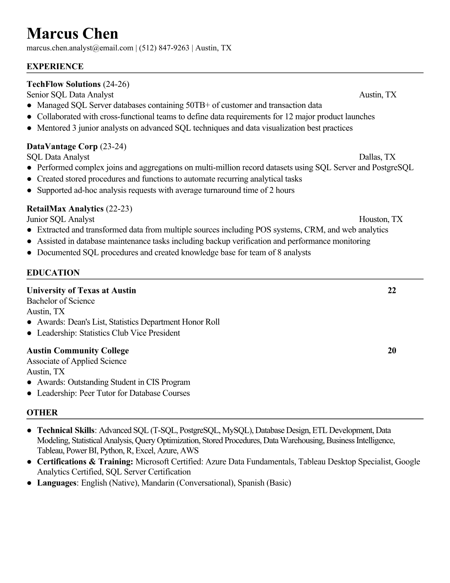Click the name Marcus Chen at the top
tap(72, 33)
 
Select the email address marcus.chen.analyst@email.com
tap(80, 48)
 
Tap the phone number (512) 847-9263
tap(164, 48)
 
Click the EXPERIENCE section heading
tap(55, 67)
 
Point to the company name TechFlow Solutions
tap(64, 84)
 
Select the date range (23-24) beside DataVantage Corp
tap(113, 146)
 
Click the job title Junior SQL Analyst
tap(61, 219)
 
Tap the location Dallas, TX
tap(377, 157)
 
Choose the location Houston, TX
tap(381, 219)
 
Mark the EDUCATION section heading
tap(53, 273)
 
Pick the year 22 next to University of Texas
tap(392, 290)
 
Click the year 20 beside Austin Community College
tap(392, 350)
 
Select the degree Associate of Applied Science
tap(76, 361)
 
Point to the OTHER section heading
tap(42, 413)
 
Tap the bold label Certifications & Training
tap(85, 462)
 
